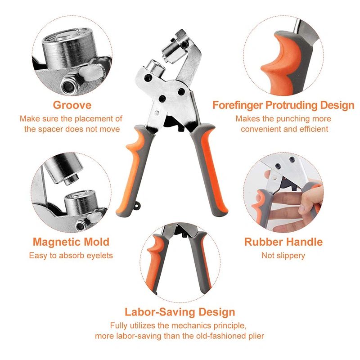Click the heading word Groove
tap(72, 105)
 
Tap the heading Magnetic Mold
tap(71, 242)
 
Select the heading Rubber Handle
tap(283, 242)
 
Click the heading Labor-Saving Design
tap(180, 312)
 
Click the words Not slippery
tap(283, 256)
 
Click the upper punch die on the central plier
tap(173, 51)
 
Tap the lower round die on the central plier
tap(155, 67)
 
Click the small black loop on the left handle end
tap(137, 206)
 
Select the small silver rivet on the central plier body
tap(157, 113)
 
